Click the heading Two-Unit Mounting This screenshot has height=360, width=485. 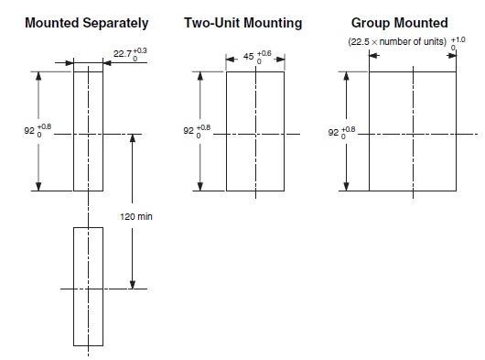click(242, 22)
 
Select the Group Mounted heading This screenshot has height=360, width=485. click(400, 22)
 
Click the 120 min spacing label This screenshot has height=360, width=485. click(137, 217)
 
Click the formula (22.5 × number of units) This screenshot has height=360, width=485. click(395, 42)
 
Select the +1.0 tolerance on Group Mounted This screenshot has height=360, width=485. click(458, 39)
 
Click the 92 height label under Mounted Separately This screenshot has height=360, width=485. click(29, 132)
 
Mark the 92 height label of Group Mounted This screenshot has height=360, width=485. click(333, 132)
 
